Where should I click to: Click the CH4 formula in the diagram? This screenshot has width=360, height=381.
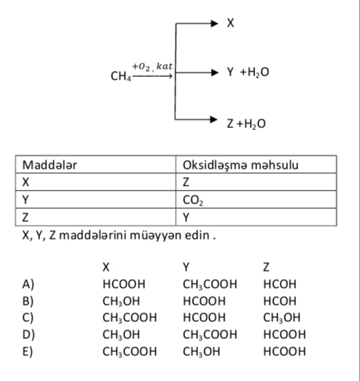pyautogui.click(x=121, y=76)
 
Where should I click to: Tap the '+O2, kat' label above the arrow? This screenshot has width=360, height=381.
pyautogui.click(x=152, y=67)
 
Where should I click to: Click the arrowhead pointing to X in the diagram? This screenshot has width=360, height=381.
pyautogui.click(x=214, y=23)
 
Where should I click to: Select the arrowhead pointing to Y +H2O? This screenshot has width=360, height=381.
pyautogui.click(x=214, y=72)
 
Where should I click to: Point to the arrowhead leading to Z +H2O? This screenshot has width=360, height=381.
pyautogui.click(x=214, y=119)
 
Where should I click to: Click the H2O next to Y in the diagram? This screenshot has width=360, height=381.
pyautogui.click(x=258, y=72)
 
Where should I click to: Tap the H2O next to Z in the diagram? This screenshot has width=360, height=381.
pyautogui.click(x=255, y=124)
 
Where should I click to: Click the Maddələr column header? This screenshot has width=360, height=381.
pyautogui.click(x=50, y=165)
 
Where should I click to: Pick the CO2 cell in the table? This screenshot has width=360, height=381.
pyautogui.click(x=193, y=201)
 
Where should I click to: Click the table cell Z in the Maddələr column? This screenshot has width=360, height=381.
pyautogui.click(x=25, y=217)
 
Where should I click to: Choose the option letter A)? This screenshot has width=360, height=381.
pyautogui.click(x=28, y=284)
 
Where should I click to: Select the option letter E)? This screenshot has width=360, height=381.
pyautogui.click(x=27, y=352)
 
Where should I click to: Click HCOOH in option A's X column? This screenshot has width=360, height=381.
pyautogui.click(x=124, y=284)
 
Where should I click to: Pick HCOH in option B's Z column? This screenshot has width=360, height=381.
pyautogui.click(x=280, y=301)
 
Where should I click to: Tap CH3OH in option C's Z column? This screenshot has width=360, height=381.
pyautogui.click(x=282, y=318)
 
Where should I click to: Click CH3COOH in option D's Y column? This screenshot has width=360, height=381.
pyautogui.click(x=210, y=335)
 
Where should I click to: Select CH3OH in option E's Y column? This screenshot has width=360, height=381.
pyautogui.click(x=201, y=352)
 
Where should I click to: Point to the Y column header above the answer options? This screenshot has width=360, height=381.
pyautogui.click(x=186, y=267)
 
